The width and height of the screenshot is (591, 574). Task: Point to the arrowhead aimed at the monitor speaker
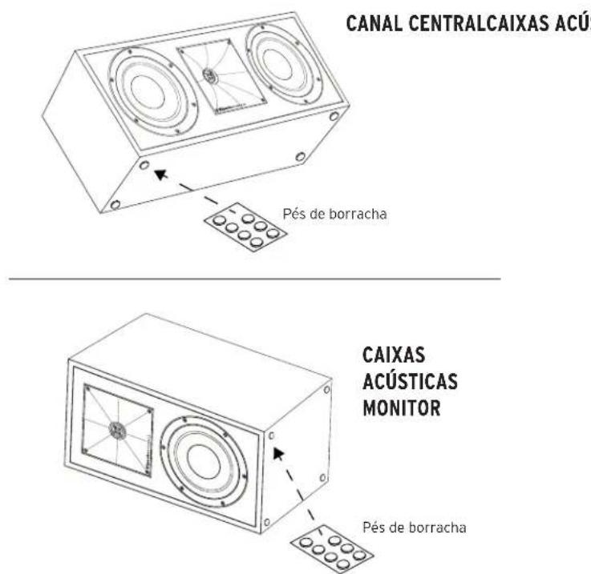(280, 453)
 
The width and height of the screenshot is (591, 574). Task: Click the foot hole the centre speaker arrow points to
(145, 164)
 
